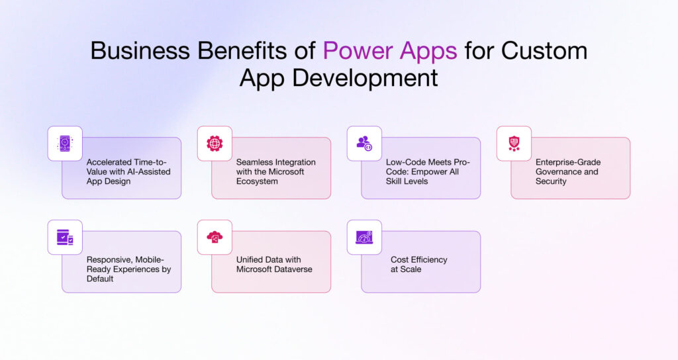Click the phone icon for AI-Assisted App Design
coord(65,143)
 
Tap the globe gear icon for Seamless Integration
coord(215,143)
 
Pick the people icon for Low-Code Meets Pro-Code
coord(364,143)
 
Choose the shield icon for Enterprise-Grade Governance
coord(514,143)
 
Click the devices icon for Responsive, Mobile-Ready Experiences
coord(65,237)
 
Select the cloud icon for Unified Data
coord(215,237)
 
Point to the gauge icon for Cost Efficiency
coord(364,237)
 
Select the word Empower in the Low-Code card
coord(427,171)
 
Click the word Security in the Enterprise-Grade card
coord(551,181)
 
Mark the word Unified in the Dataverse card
coord(251,260)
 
